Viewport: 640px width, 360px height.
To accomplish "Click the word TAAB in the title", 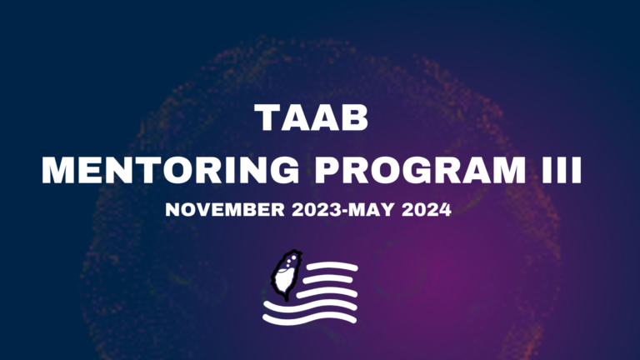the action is (x=312, y=117).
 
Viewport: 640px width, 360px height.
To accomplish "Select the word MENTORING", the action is (x=171, y=170).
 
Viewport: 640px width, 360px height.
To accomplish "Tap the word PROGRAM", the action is (x=420, y=170).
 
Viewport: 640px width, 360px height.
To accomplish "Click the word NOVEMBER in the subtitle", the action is (x=225, y=210).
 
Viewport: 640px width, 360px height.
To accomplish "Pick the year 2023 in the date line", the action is (x=317, y=210).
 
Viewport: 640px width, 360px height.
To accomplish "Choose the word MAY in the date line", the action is (x=372, y=210).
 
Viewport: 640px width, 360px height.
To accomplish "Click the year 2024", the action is (x=427, y=210).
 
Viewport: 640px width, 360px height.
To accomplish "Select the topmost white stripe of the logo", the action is (x=332, y=267).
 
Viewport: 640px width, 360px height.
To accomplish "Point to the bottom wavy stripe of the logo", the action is (x=309, y=318).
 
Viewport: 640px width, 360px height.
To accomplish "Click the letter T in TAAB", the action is (x=267, y=117).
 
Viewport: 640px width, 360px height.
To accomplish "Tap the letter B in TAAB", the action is (x=356, y=117).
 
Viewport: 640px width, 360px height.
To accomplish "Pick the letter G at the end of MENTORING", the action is (x=284, y=170).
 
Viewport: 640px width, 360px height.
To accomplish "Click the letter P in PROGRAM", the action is (x=327, y=170).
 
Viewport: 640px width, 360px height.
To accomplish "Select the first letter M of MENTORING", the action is (x=59, y=170).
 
